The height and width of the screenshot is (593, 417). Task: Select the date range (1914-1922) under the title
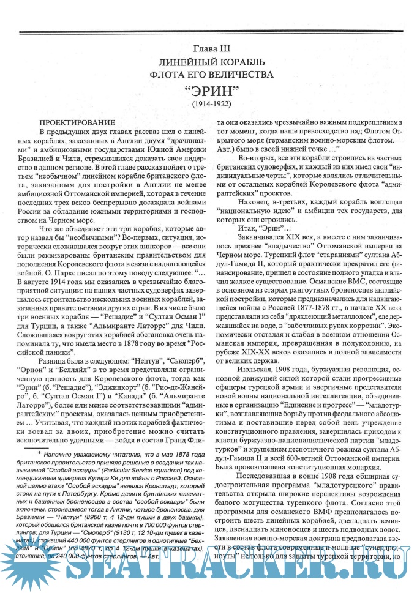pos(209,105)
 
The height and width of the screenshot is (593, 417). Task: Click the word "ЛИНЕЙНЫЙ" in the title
pos(184,62)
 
